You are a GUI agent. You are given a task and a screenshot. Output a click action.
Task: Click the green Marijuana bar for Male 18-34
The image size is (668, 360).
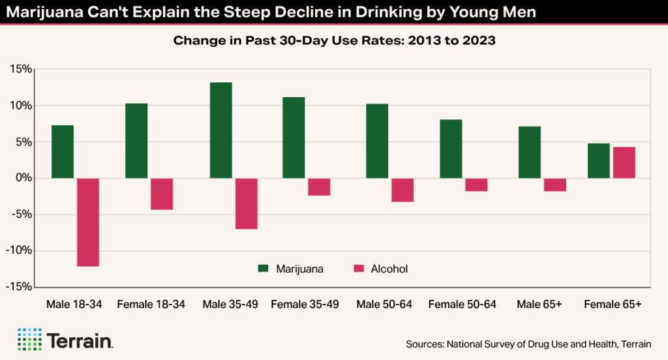tap(63, 151)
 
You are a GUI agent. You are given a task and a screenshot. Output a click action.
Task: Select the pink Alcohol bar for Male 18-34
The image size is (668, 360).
tap(88, 222)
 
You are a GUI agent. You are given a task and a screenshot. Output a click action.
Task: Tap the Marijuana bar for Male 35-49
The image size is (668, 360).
tap(220, 130)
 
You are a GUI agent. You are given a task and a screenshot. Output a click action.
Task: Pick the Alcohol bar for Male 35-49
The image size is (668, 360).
tap(246, 203)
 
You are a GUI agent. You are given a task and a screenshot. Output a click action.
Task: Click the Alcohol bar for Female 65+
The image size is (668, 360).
tap(624, 162)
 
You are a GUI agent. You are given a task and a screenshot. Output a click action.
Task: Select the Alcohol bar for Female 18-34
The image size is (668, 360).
tap(162, 194)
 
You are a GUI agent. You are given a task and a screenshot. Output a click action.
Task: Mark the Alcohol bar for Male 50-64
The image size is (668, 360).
tap(402, 190)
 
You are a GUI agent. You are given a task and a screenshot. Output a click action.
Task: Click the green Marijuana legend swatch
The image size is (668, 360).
tap(264, 269)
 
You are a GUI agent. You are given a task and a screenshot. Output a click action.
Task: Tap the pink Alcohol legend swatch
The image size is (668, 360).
tap(358, 269)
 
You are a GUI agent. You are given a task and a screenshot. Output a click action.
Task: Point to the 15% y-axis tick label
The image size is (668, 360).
tap(21, 69)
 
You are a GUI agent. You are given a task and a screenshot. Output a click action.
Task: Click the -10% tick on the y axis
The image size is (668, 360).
tap(19, 251)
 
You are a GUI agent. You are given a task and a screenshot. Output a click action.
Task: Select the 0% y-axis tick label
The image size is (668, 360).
tap(24, 178)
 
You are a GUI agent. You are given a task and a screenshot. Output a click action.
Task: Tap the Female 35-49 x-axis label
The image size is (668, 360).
tap(305, 305)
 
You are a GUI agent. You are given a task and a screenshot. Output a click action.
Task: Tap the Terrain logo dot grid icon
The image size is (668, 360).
tap(29, 339)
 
